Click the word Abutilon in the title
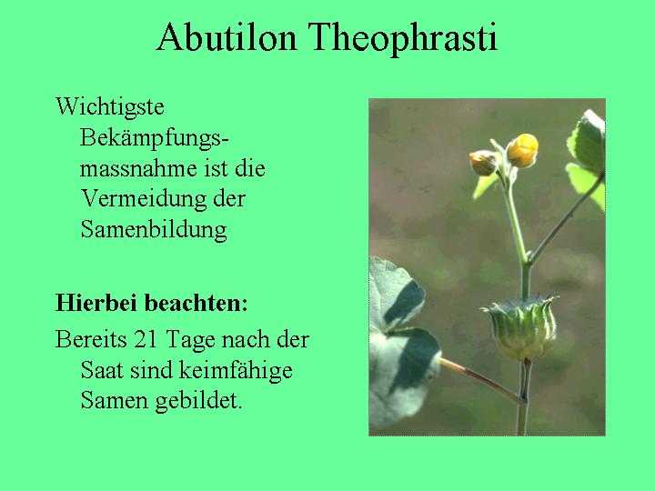pos(227,37)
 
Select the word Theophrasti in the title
pos(403,38)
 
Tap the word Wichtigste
pos(110,107)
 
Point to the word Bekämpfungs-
pos(154,138)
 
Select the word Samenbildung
pos(154,229)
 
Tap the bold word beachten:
pos(197,303)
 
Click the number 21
pos(146,339)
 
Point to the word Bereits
pos(91,339)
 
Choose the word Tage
pos(190,341)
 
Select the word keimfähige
pos(236,371)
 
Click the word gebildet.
pos(198,401)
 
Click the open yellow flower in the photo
pos(522,150)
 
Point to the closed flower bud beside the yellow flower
pos(483,163)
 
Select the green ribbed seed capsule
pos(520,326)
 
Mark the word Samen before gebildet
pos(114,400)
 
